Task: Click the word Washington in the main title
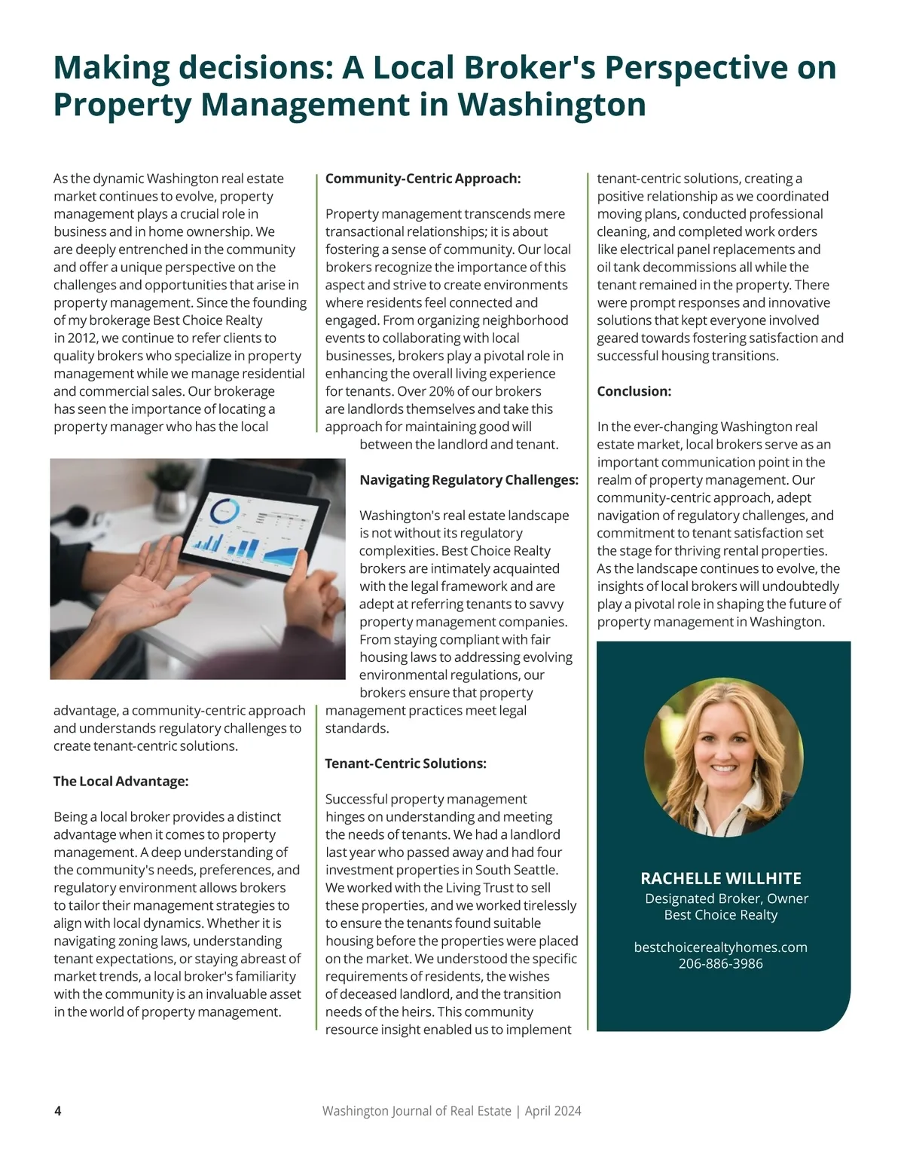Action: [x=551, y=104]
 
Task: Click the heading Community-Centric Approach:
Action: [x=423, y=179]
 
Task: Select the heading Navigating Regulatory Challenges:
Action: [x=469, y=480]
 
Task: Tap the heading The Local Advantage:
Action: [x=121, y=782]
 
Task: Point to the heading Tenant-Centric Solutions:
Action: [x=405, y=764]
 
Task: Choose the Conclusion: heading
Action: [x=634, y=391]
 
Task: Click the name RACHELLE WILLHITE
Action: [x=720, y=878]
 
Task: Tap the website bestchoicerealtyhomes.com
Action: [x=720, y=947]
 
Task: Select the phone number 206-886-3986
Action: [x=720, y=964]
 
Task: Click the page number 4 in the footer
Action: [x=58, y=1111]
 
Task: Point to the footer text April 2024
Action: [x=553, y=1111]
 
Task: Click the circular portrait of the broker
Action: [x=723, y=757]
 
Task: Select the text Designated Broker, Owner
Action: [x=726, y=898]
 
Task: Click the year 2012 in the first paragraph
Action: [x=82, y=338]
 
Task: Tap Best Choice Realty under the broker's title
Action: [x=720, y=915]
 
